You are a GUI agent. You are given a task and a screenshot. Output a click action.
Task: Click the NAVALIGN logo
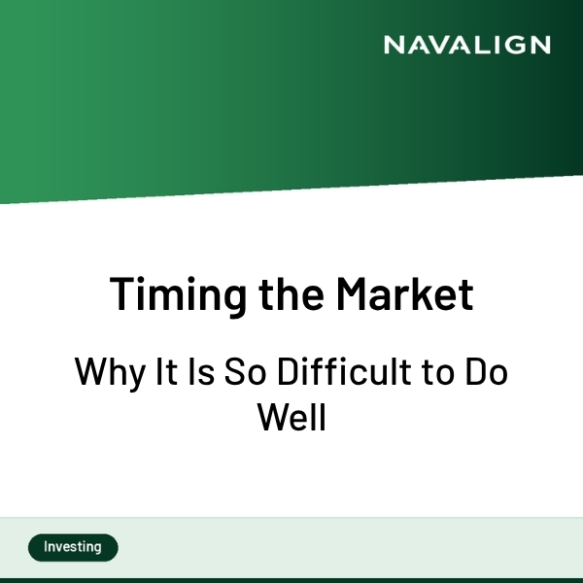[x=466, y=45]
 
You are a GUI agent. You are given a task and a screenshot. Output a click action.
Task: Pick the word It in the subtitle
[x=161, y=371]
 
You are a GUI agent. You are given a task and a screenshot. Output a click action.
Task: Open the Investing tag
[x=73, y=547]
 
